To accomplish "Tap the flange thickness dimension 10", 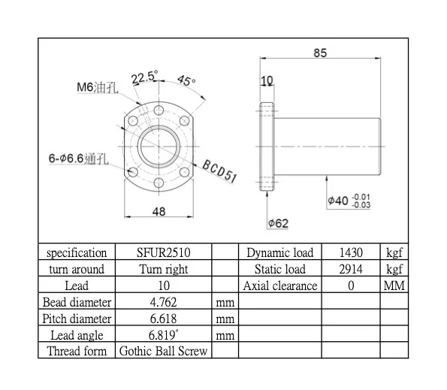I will pyautogui.click(x=266, y=81).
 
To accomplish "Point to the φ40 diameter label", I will pyautogui.click(x=349, y=201).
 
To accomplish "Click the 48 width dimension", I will pyautogui.click(x=159, y=212).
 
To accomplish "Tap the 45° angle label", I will pyautogui.click(x=185, y=81).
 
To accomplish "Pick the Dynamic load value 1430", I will pyautogui.click(x=350, y=252).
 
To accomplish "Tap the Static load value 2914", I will pyautogui.click(x=350, y=269).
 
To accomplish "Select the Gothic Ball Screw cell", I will pyautogui.click(x=163, y=351).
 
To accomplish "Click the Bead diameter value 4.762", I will pyautogui.click(x=163, y=302).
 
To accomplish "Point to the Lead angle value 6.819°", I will pyautogui.click(x=163, y=335).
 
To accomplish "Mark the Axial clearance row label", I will pyautogui.click(x=280, y=286).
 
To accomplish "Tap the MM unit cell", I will pyautogui.click(x=394, y=286).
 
